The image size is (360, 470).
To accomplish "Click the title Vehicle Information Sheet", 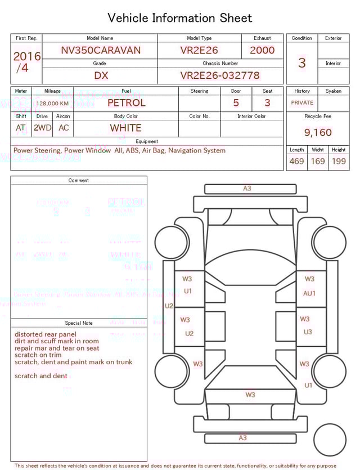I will pos(179,18).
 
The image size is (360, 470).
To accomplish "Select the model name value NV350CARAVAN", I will pos(101,50).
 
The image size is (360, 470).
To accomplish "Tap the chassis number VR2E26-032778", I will pos(220,75).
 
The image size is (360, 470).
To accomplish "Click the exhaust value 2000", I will pos(262,50).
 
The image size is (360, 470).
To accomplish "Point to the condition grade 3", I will pos(301,62).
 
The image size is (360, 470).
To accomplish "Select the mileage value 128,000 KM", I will pos(52,104).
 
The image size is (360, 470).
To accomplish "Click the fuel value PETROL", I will pos(126,103).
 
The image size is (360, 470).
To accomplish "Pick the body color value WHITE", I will pos(125,128).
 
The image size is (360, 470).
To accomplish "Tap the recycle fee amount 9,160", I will pos(318,133).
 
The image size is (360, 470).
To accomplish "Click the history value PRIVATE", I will pos(302,103).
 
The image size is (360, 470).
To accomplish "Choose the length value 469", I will pos(296,162).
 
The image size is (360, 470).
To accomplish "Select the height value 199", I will pos(339,162).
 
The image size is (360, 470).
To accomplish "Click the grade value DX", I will pos(101,75).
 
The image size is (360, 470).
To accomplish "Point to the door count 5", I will pos(236,103).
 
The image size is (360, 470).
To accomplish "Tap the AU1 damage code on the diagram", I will pos(309,293).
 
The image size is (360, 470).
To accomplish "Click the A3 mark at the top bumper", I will pos(247,189).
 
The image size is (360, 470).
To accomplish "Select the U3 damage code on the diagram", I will pos(307,332).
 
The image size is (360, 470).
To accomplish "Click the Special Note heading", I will pos(79,323).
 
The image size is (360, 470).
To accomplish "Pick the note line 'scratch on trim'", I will pos(38,355).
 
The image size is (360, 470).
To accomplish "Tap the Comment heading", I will pos(79,181).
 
